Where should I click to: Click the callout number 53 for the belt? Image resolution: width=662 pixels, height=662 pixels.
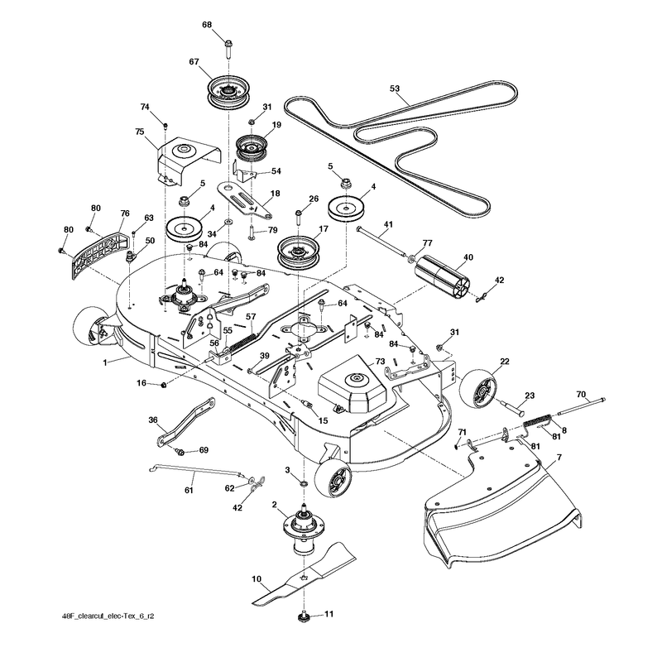395,89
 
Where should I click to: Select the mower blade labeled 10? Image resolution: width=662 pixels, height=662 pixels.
305,574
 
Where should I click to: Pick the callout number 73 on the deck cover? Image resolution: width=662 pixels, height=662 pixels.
380,361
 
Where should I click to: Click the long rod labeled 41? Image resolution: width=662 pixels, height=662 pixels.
382,242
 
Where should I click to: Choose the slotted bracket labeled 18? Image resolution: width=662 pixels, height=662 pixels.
244,199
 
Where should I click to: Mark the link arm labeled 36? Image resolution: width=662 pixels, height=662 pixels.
186,421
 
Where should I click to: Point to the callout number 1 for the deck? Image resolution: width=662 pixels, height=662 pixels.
106,362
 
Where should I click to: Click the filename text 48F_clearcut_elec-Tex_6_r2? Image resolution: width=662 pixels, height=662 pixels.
108,616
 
